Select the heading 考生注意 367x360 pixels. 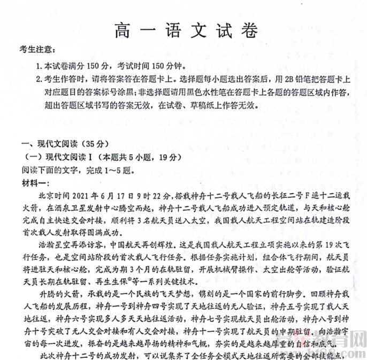point(37,50)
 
